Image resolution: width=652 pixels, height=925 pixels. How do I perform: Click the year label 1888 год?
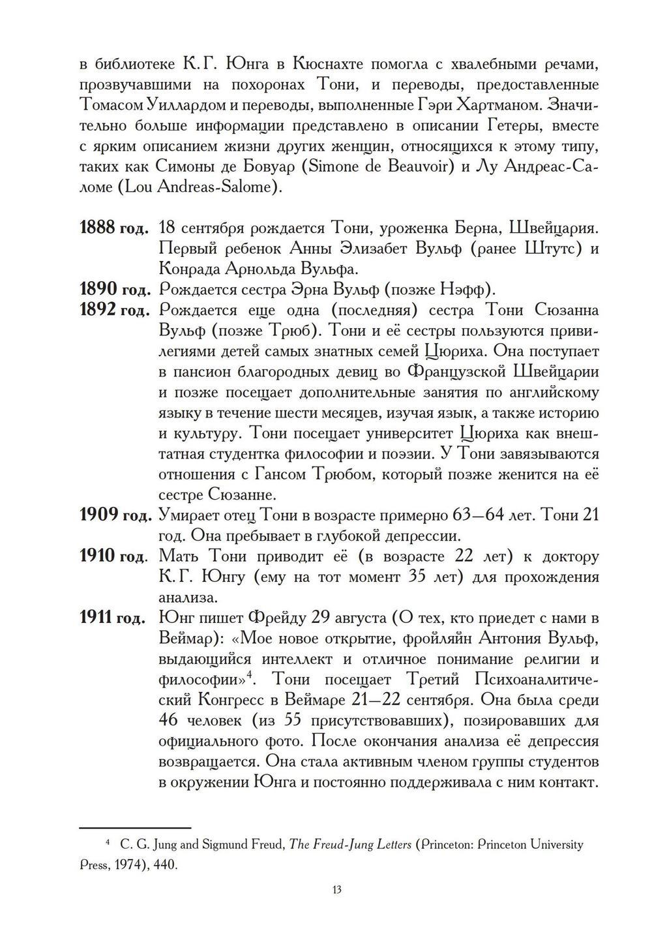114,228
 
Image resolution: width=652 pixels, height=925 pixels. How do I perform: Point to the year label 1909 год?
114,515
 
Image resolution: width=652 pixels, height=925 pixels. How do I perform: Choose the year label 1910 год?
114,556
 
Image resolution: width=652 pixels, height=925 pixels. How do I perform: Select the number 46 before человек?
169,720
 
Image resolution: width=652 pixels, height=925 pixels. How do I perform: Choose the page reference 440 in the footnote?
164,865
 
